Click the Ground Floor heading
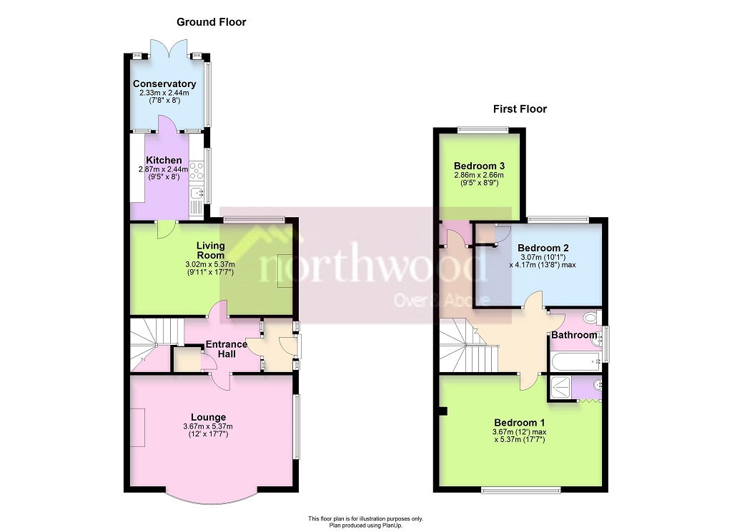click(211, 22)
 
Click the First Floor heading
click(520, 109)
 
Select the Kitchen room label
click(164, 160)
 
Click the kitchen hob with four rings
click(197, 171)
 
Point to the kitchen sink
click(198, 193)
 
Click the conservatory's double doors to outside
click(170, 49)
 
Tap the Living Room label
click(211, 250)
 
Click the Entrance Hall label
click(227, 349)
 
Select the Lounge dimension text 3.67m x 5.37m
click(207, 427)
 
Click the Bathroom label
click(574, 335)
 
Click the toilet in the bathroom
click(590, 319)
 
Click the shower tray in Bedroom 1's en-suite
click(562, 387)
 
